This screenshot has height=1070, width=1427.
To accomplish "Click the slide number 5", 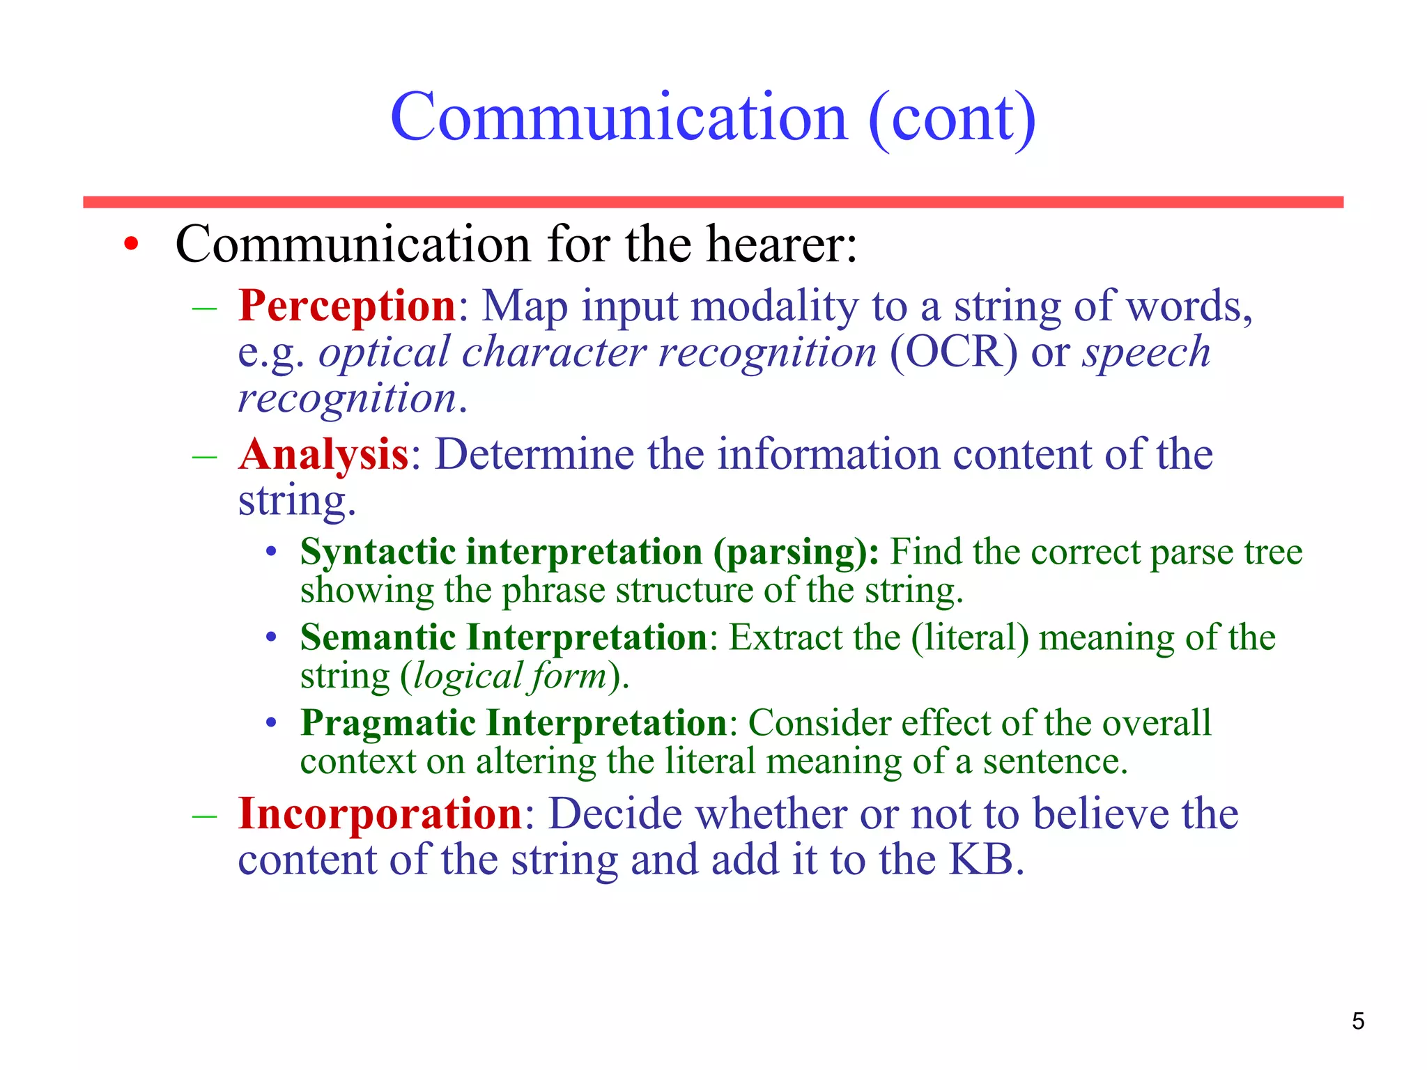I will [1357, 1021].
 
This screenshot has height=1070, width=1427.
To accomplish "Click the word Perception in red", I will [346, 306].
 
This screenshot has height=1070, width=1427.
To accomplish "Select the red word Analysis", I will [323, 455].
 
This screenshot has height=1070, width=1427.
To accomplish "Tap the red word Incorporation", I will [380, 814].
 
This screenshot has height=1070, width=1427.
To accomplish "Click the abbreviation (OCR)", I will [953, 352].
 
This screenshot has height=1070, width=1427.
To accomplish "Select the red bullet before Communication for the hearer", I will [131, 245].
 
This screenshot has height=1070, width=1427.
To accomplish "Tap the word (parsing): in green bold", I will [795, 552].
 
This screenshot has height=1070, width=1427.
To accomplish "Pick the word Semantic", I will [377, 637].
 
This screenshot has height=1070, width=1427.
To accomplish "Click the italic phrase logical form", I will [510, 676].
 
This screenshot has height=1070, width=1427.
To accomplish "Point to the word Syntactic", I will [378, 552].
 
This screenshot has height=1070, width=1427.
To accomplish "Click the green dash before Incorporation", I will [204, 814].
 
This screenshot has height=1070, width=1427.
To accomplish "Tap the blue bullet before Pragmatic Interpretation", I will [272, 723].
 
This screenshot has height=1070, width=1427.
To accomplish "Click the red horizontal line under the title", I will [713, 202].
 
